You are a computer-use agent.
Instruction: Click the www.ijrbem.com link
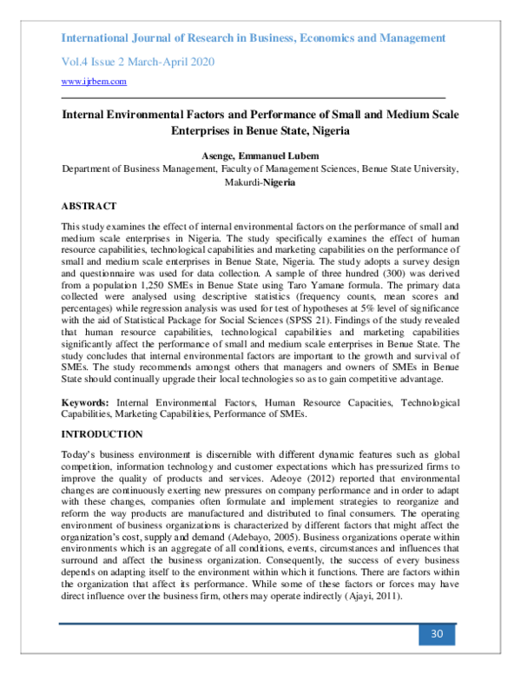tap(94, 82)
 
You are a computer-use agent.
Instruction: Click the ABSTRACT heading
tap(89, 206)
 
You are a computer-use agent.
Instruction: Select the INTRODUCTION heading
tap(102, 433)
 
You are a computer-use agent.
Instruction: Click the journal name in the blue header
tap(254, 38)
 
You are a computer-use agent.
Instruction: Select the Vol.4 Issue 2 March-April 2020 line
tap(137, 62)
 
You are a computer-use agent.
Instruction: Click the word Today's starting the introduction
tap(79, 455)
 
